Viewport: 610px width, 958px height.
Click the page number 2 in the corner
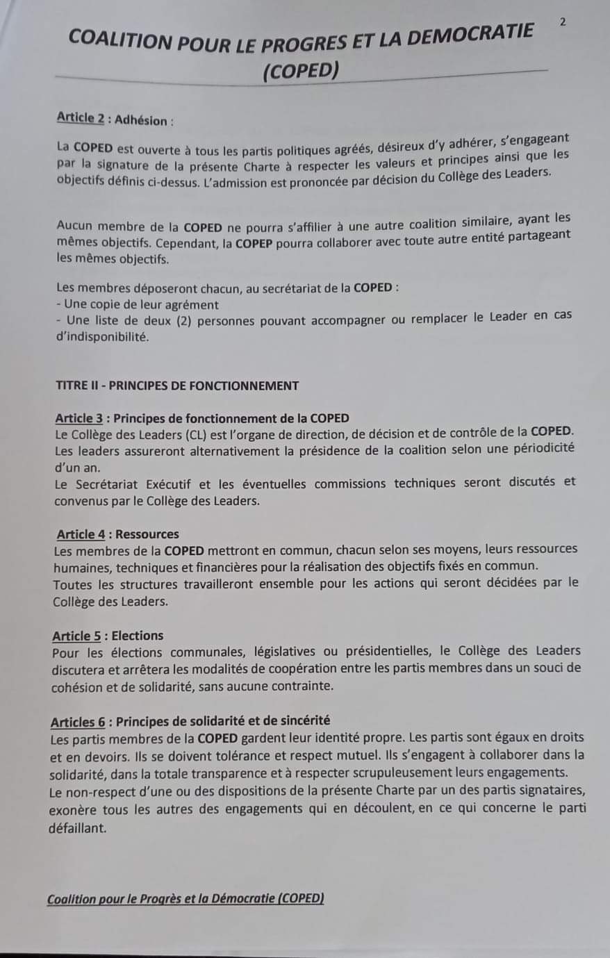(x=562, y=22)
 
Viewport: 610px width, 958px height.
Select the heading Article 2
(x=80, y=118)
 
